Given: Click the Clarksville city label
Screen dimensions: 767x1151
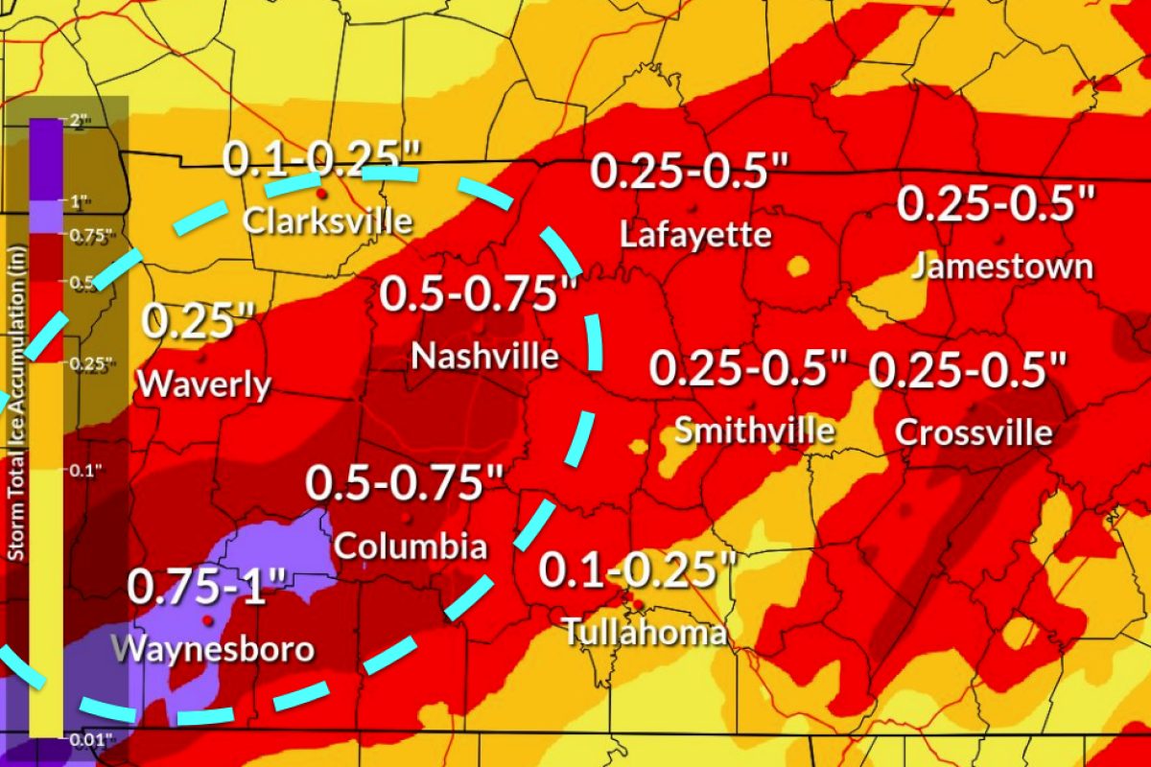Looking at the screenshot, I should click(x=327, y=221).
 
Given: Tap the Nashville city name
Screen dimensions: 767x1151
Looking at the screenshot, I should click(x=484, y=357).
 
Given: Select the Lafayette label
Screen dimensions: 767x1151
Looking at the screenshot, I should click(x=695, y=234).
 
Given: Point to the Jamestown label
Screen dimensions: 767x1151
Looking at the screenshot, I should click(x=1001, y=266).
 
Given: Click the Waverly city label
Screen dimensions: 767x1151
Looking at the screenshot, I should click(x=203, y=384).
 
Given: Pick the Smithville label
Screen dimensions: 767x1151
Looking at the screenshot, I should click(x=754, y=430).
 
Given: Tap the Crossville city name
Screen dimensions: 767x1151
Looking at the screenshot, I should click(x=974, y=432).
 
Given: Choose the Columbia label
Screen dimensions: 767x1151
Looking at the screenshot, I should click(x=410, y=547).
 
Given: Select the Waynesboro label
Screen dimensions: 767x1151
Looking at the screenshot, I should click(x=213, y=648).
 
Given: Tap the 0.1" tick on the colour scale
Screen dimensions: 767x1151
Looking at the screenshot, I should click(x=79, y=470).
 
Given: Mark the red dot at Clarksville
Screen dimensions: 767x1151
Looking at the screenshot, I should click(x=321, y=193).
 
